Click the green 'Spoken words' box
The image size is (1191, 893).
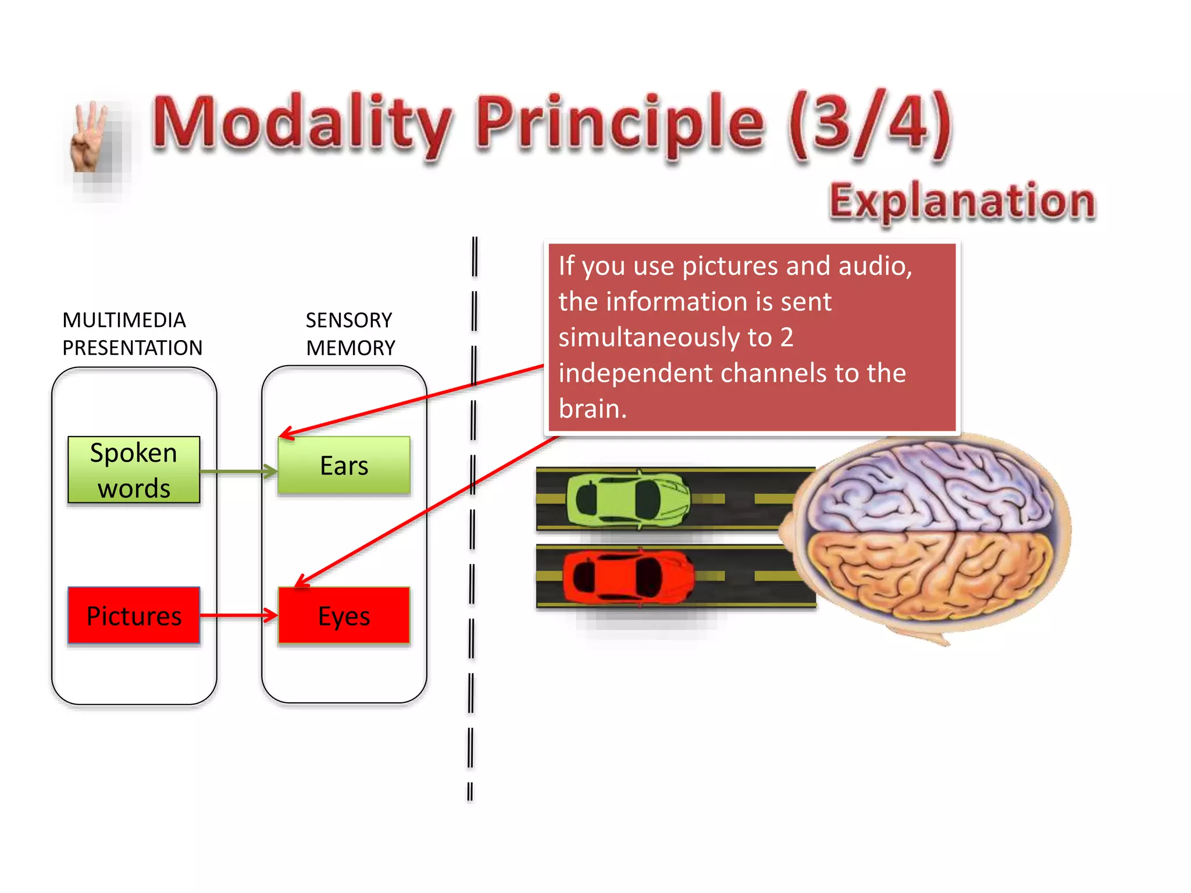tap(134, 470)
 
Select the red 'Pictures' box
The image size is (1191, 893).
tap(134, 616)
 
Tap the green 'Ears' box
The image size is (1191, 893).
tap(344, 466)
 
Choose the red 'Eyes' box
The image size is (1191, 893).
tap(344, 616)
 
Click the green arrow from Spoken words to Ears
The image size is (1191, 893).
tap(238, 471)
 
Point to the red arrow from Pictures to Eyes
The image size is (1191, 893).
tap(238, 615)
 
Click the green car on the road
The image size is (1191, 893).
tap(628, 499)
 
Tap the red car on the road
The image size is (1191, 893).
tap(628, 577)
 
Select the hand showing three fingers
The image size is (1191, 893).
tap(90, 140)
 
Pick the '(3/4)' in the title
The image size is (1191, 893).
tap(869, 125)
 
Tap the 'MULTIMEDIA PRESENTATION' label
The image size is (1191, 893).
tap(132, 334)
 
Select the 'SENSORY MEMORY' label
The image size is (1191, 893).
tap(350, 334)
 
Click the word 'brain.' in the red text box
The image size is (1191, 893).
tap(593, 409)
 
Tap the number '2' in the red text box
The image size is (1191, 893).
tap(787, 337)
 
